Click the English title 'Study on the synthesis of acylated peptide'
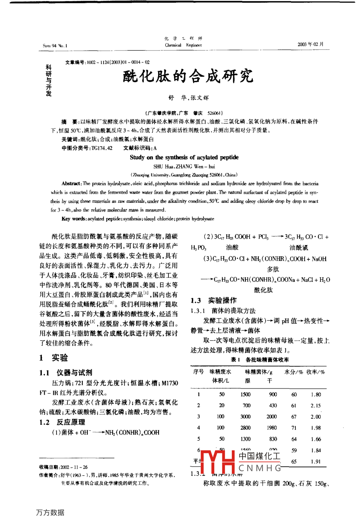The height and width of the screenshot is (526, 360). [184, 157]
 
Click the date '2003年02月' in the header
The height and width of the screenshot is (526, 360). [311, 44]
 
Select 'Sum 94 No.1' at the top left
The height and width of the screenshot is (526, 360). [55, 46]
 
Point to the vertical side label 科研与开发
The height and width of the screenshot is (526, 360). [49, 81]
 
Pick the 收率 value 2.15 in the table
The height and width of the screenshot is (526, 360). [315, 406]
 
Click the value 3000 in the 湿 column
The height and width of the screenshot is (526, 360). [245, 417]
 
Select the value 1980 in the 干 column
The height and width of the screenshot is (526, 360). [272, 428]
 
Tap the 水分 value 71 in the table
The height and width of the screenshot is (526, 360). [294, 428]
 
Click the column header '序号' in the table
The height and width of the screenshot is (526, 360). [198, 372]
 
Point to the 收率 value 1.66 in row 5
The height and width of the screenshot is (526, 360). [315, 439]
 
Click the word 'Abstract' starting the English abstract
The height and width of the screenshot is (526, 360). [71, 184]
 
